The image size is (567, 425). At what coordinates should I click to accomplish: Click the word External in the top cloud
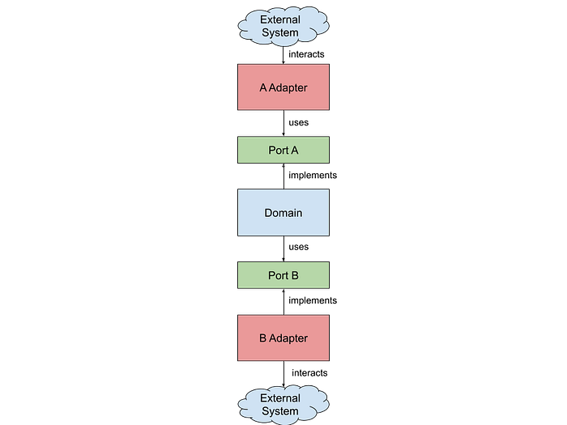pos(279,19)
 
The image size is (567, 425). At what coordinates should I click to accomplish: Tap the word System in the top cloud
pos(279,32)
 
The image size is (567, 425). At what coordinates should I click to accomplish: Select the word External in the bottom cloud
pos(279,398)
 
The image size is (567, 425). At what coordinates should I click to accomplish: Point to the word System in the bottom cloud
pos(279,411)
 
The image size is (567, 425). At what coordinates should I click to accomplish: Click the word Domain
pos(283,213)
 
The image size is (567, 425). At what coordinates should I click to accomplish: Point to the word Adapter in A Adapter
pos(289,87)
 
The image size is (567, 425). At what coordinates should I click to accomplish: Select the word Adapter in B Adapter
pos(289,338)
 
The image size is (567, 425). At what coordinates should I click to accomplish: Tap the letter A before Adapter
pos(263,87)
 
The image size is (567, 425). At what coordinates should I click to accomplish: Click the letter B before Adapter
pos(263,338)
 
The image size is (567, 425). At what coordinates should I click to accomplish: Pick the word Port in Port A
pos(278,150)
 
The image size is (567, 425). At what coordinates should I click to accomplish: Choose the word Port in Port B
pos(278,275)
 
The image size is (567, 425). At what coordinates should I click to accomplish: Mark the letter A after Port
pos(295,150)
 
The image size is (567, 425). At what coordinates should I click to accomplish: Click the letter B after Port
pos(295,275)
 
